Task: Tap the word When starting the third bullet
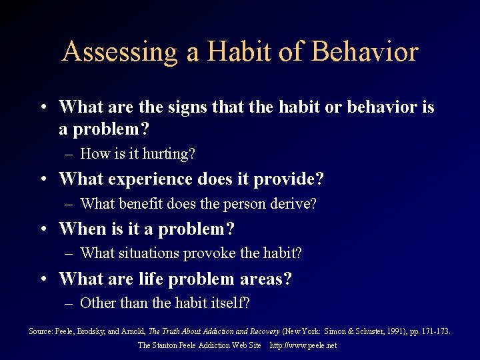(x=81, y=229)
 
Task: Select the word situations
(x=151, y=253)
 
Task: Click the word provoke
(x=214, y=253)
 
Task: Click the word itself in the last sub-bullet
(x=227, y=303)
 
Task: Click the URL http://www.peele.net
(x=303, y=345)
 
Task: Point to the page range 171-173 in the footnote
(x=436, y=331)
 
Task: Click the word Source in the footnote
(x=41, y=331)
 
